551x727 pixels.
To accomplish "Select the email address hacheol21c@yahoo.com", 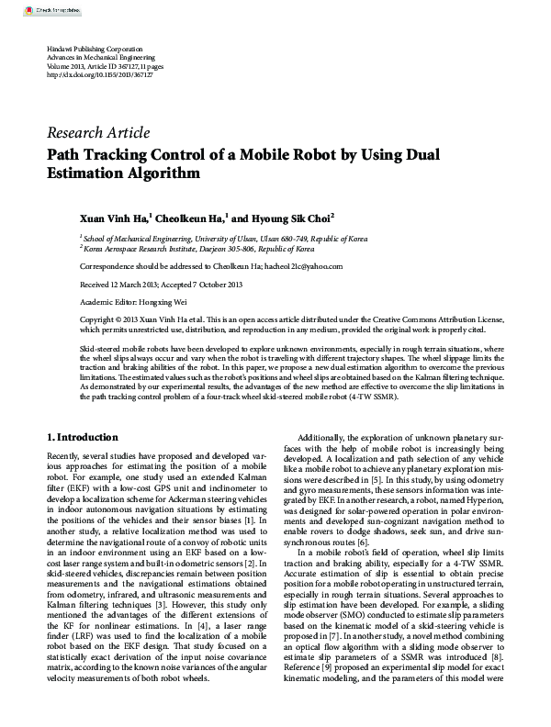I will pyautogui.click(x=304, y=266).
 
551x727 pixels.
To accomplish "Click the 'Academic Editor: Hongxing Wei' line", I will pyautogui.click(x=124, y=298).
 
